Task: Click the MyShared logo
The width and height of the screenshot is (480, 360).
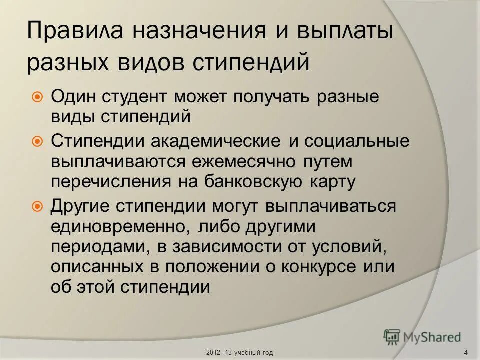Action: (x=422, y=337)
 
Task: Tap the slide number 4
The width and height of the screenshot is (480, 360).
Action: (x=466, y=353)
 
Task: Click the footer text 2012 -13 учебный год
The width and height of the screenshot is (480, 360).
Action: (x=239, y=353)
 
